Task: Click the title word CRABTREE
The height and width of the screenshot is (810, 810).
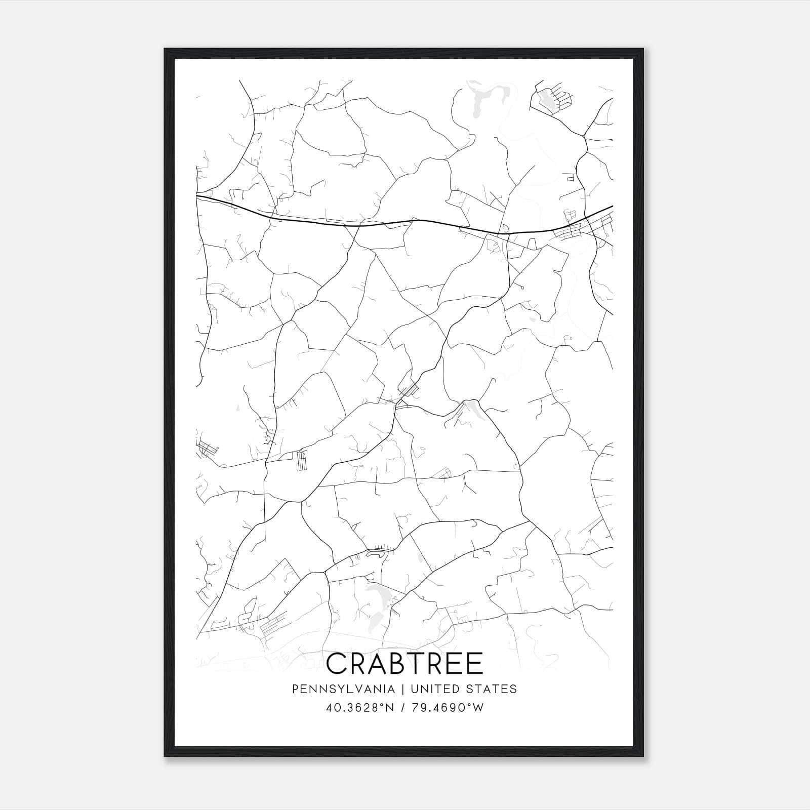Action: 405,664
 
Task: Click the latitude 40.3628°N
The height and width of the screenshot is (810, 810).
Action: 359,708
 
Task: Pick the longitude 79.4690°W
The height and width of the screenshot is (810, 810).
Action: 448,708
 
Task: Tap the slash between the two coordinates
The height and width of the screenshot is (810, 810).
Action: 402,708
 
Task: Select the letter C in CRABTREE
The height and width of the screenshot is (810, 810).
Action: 338,664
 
